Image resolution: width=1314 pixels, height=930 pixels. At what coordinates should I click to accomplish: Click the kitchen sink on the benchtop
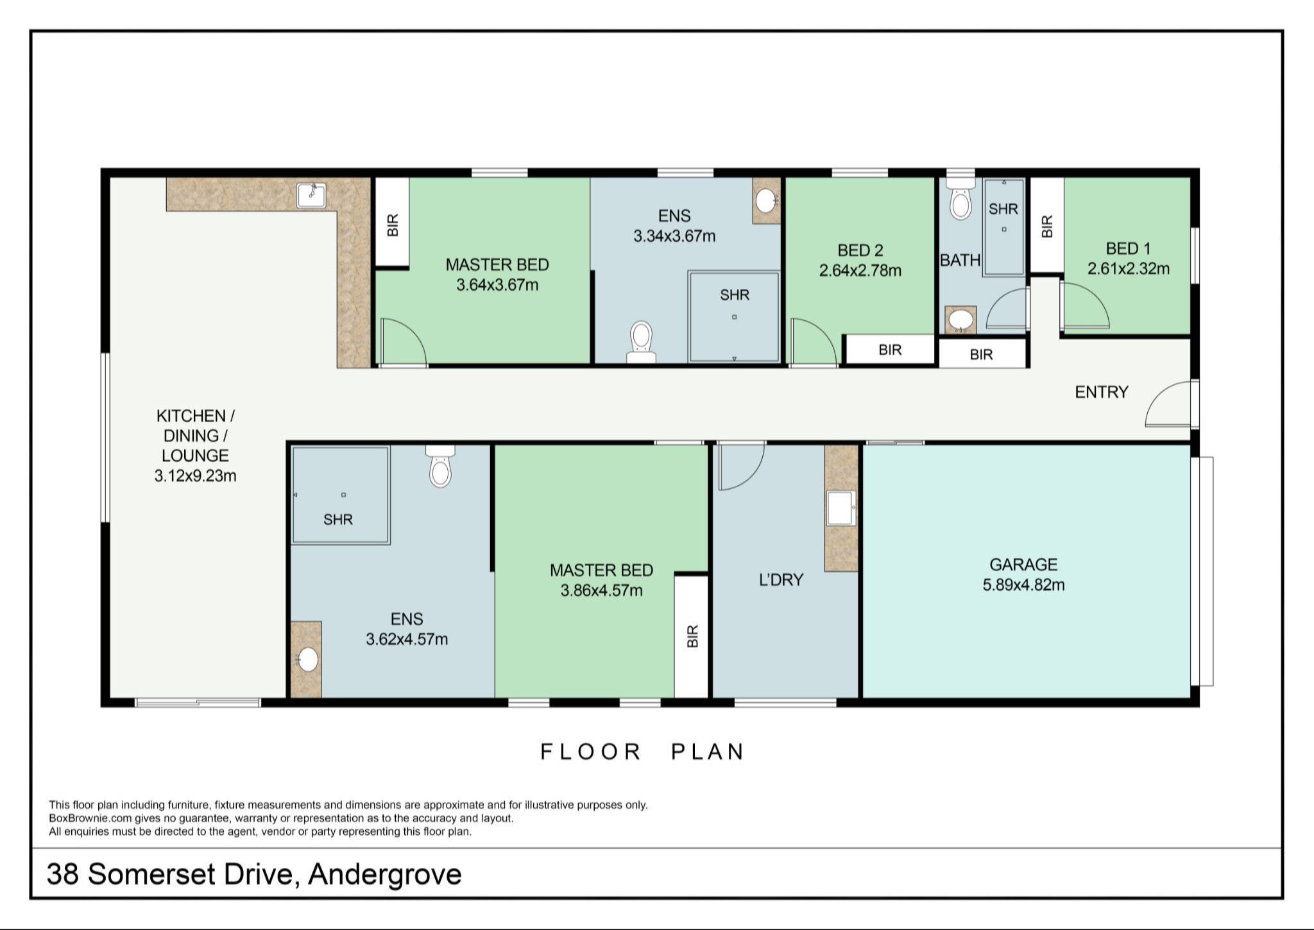click(312, 195)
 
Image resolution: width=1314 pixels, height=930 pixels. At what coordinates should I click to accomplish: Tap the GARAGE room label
click(1023, 565)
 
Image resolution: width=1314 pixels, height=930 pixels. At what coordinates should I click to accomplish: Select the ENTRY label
click(1102, 392)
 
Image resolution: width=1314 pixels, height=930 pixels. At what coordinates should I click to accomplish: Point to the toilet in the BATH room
click(960, 201)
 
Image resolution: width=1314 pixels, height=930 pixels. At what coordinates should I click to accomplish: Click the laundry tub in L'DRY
click(841, 508)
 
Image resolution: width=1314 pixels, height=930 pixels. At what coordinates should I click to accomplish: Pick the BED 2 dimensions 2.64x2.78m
click(860, 270)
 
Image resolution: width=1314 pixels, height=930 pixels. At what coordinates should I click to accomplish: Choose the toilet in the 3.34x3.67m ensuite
click(641, 341)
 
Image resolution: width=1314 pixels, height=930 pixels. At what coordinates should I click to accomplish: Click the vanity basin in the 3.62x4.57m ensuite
click(308, 659)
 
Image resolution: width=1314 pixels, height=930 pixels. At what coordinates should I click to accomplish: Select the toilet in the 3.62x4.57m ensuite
click(439, 467)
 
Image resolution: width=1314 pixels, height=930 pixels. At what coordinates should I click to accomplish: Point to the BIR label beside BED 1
click(1047, 226)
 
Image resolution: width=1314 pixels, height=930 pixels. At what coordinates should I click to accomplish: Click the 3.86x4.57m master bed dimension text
click(601, 590)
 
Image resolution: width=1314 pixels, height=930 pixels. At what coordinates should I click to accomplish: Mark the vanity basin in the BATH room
click(960, 319)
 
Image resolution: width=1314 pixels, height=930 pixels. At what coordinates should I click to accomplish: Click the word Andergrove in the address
click(384, 874)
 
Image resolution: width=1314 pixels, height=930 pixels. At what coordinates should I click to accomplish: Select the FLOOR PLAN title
click(642, 752)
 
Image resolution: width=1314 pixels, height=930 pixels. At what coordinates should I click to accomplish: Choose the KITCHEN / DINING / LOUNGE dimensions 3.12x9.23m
click(195, 476)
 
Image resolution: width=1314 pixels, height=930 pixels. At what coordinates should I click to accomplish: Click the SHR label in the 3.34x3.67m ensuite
click(735, 295)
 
